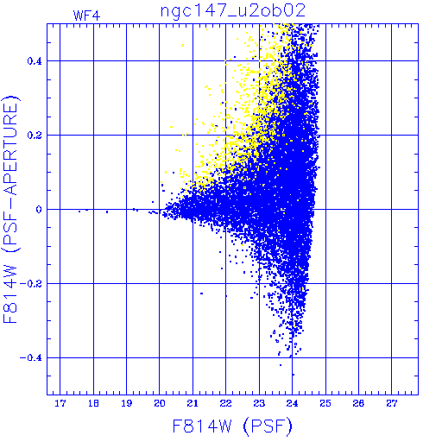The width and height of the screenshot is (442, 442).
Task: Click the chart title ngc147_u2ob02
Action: [x=233, y=11]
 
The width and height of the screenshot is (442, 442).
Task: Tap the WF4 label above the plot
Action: [x=86, y=16]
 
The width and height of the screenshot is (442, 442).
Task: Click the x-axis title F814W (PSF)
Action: [x=232, y=426]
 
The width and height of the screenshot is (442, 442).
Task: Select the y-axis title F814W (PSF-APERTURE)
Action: [x=11, y=210]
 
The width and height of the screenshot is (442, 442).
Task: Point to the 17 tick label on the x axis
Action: [x=60, y=403]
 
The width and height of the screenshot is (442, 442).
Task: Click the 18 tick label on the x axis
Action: [x=93, y=403]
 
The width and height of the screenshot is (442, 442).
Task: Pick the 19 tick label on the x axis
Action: [x=127, y=403]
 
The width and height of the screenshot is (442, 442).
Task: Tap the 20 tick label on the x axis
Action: [x=160, y=403]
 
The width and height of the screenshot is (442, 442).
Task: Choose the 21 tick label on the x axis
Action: [x=193, y=403]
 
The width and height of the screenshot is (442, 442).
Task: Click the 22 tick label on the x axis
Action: [x=225, y=403]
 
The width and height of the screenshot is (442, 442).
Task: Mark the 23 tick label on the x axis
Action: [x=259, y=403]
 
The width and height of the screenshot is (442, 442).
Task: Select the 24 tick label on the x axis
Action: [x=292, y=403]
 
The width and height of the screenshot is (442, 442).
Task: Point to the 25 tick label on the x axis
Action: [x=325, y=403]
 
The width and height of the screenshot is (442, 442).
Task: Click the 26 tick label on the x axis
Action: [x=358, y=403]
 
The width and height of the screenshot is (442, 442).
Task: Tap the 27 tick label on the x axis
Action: [x=392, y=403]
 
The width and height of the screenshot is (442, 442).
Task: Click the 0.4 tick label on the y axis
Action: [x=35, y=61]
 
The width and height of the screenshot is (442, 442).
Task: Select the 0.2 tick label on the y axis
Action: [x=35, y=136]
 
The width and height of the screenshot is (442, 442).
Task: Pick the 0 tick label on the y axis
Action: [x=39, y=210]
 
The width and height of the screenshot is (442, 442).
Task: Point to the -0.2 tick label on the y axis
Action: [x=30, y=284]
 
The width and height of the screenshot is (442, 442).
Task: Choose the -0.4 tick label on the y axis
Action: [x=30, y=358]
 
